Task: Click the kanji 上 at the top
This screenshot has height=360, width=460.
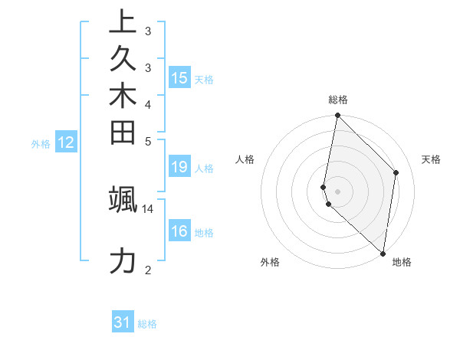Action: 123,22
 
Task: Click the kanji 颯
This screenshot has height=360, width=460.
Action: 123,199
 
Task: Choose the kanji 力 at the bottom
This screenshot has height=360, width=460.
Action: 123,260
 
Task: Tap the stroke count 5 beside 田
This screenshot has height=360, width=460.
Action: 148,141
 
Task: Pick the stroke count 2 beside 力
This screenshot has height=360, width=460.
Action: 148,269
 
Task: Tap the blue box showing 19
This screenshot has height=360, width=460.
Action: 179,167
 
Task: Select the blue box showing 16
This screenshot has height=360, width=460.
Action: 179,231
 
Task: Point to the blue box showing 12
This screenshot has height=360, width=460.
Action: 66,142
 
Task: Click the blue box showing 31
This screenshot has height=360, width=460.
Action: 123,322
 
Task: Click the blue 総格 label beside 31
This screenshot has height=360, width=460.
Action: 147,324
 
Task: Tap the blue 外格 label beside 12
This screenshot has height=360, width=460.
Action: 41,143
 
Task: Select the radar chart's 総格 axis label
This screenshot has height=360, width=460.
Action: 338,100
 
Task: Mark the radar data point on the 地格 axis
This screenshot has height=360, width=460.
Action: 383,254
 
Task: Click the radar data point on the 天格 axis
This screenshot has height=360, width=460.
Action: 396,172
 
